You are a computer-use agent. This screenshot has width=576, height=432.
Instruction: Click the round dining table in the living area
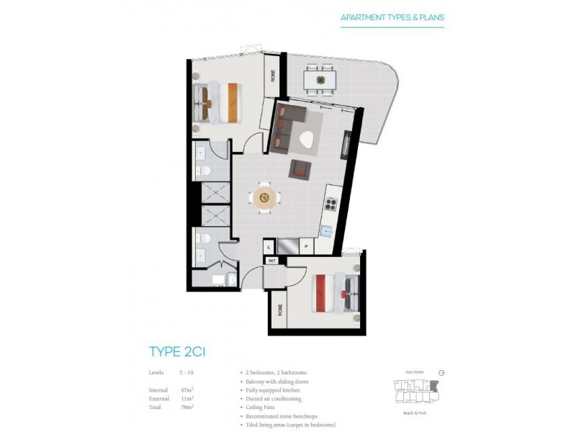[264, 197]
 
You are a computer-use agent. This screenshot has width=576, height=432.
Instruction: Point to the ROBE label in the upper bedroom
[273, 76]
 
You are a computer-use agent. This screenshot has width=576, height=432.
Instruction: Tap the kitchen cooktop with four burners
[332, 204]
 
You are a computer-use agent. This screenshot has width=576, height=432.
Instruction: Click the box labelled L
[267, 246]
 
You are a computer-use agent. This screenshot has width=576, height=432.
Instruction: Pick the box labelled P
[305, 246]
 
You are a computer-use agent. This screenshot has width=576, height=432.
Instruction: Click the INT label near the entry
[273, 260]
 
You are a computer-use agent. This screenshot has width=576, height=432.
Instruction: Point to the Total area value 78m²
[188, 407]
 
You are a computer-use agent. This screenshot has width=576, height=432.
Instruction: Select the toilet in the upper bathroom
[206, 171]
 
